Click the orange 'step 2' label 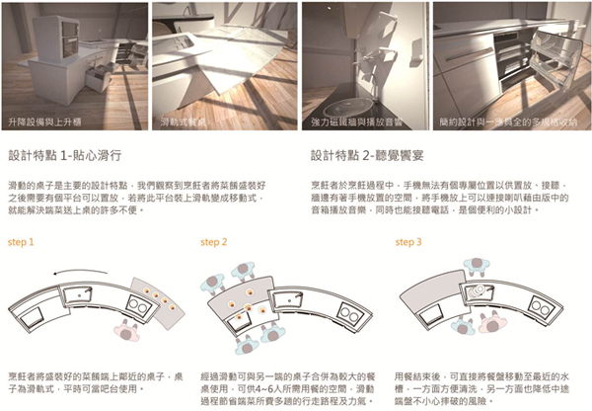coord(214,241)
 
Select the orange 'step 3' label coord(407,241)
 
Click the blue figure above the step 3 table coord(480,265)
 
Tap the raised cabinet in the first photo coord(39,40)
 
